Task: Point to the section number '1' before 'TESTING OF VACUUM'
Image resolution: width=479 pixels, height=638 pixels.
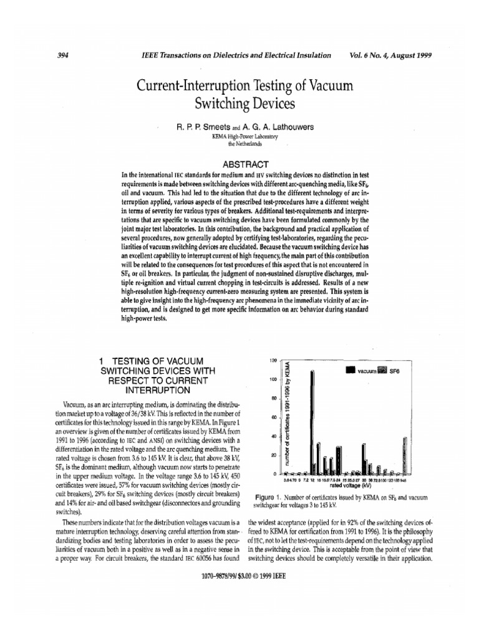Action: pyautogui.click(x=103, y=360)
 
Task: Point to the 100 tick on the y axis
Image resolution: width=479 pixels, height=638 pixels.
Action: pyautogui.click(x=273, y=379)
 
